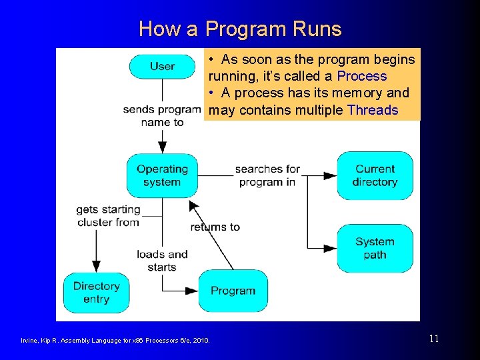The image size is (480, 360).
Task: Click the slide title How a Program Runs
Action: [x=240, y=29]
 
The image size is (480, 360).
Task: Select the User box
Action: [x=162, y=66]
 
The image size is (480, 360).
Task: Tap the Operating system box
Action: [x=162, y=175]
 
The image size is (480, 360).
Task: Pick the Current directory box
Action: [x=375, y=175]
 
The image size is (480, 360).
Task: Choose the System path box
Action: [x=375, y=248]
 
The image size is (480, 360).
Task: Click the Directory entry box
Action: [x=96, y=292]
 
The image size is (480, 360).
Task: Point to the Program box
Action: [x=233, y=291]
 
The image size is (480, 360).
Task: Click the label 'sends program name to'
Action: [x=162, y=115]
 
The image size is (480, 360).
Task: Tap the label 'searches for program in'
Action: [x=267, y=175]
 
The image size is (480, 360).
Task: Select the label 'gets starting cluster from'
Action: [x=108, y=215]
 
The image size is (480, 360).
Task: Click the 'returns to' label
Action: [x=215, y=227]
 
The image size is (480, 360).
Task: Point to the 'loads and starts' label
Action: [x=162, y=261]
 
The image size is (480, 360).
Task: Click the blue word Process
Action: [x=362, y=76]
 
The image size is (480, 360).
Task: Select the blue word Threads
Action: [x=373, y=110]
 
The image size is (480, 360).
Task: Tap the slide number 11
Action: [x=433, y=339]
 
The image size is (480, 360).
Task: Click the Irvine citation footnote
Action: [x=115, y=341]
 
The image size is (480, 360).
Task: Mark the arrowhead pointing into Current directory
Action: [x=330, y=175]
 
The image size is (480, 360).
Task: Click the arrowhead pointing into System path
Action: [x=330, y=248]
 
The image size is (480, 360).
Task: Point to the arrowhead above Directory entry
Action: [x=96, y=265]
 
